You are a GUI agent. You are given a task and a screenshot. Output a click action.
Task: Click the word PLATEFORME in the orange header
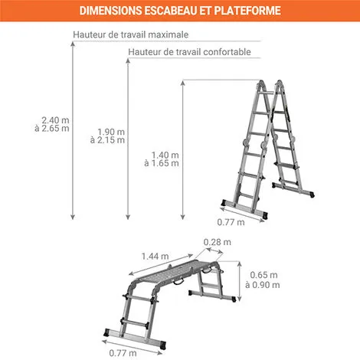247,11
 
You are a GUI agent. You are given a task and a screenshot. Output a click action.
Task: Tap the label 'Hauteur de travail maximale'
131,34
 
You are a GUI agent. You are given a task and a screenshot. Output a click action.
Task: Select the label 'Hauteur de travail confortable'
189,52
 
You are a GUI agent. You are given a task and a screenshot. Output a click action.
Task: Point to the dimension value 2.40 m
55,120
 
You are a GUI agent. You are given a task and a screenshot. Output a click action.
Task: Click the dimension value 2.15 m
112,140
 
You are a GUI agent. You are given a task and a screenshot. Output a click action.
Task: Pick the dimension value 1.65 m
165,163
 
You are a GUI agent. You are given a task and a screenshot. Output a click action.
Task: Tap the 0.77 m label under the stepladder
231,222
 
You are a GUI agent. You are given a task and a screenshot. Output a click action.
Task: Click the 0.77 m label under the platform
123,353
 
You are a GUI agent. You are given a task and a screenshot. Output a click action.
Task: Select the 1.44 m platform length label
155,257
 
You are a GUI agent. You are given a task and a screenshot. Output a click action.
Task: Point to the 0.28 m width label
218,242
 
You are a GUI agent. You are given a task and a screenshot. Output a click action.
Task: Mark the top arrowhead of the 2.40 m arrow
73,44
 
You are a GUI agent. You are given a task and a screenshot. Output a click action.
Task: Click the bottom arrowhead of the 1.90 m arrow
128,217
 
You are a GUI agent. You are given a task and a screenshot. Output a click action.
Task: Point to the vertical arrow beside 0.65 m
239,281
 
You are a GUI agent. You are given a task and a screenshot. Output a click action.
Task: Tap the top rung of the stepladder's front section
266,93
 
